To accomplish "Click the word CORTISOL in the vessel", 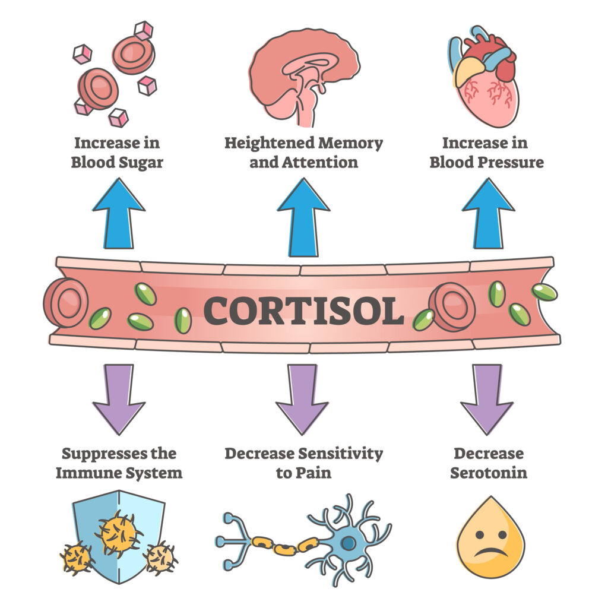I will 303,310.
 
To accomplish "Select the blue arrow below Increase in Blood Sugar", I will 118,216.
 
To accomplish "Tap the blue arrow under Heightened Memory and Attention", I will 303,216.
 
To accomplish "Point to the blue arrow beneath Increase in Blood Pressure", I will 488,216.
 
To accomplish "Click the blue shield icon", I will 119,534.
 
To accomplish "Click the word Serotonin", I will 488,473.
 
